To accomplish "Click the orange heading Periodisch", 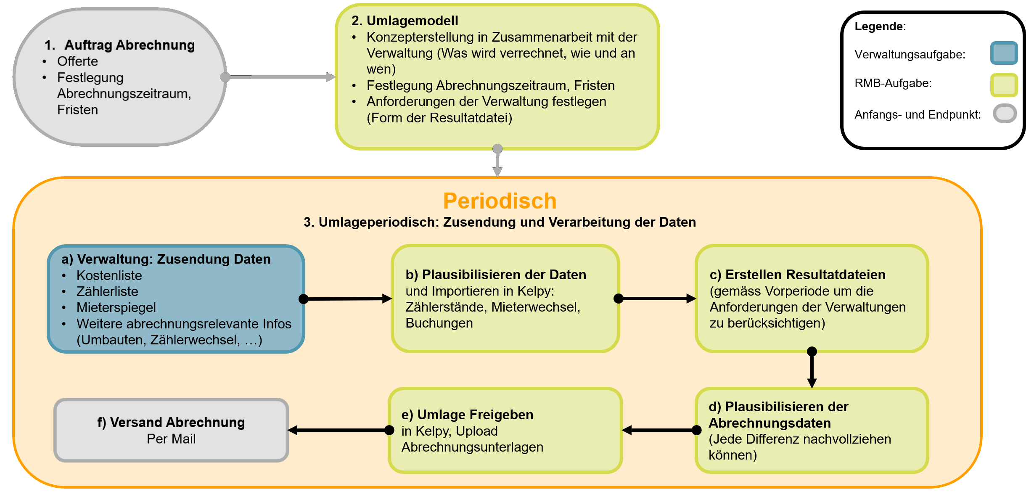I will [500, 201].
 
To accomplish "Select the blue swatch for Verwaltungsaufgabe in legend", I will [1004, 53].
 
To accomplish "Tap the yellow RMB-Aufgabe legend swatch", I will [1004, 85].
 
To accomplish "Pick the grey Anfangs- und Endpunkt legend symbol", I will [1005, 114].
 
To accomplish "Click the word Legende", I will [879, 26].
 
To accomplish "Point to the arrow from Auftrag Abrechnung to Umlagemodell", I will [280, 77].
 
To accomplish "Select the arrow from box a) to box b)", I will [347, 299].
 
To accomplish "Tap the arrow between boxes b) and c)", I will [657, 299].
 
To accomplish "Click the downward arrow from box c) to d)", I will [812, 369].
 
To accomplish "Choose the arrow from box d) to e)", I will [659, 430].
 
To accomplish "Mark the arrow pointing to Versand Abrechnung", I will [338, 430].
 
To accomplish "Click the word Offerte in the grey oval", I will [77, 61].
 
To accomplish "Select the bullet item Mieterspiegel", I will [116, 307].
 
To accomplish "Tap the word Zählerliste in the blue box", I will [107, 291].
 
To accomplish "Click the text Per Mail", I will [171, 439].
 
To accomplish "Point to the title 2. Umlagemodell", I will [405, 21].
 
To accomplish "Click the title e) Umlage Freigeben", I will [467, 415].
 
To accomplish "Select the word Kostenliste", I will [109, 275].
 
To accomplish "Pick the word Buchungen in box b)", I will [439, 323].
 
